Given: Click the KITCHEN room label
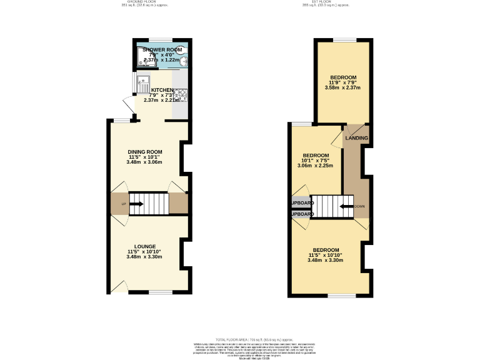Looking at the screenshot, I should click(161, 90).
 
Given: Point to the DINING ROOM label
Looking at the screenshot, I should click(144, 152).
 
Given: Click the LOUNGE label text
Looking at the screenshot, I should click(144, 246).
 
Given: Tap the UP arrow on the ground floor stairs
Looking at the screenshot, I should click(136, 204).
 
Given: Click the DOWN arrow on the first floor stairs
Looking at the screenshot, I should click(346, 206).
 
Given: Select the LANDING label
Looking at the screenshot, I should click(357, 138).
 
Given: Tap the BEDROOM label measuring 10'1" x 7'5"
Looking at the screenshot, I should click(316, 156).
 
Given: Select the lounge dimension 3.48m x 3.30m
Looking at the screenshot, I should click(144, 257).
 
